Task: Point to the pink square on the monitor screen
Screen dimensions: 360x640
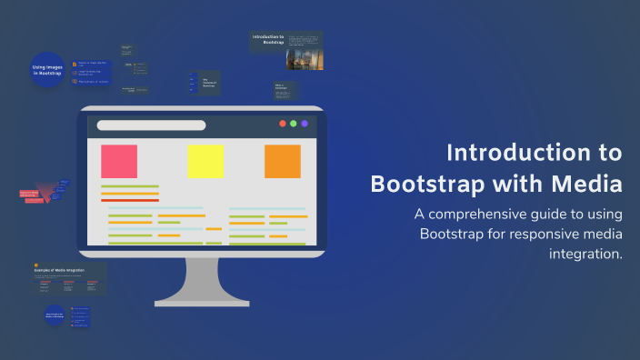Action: tap(119, 161)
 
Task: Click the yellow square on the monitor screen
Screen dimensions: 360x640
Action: tap(205, 161)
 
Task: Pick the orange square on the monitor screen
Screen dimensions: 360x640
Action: tap(282, 161)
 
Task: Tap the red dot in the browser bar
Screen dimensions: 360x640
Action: tap(283, 124)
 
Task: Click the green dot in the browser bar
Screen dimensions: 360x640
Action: tap(293, 124)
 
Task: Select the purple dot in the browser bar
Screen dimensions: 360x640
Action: tap(304, 124)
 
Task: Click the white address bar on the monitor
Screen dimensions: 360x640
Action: tap(151, 125)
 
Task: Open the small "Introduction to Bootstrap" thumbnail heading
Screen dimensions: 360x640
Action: tap(267, 39)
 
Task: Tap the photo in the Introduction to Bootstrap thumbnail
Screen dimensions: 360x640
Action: tap(304, 59)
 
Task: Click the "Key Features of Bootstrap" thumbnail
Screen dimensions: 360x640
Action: tap(207, 83)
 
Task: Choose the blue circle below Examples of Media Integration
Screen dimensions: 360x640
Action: tap(54, 318)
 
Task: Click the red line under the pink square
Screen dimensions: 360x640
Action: tap(130, 200)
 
